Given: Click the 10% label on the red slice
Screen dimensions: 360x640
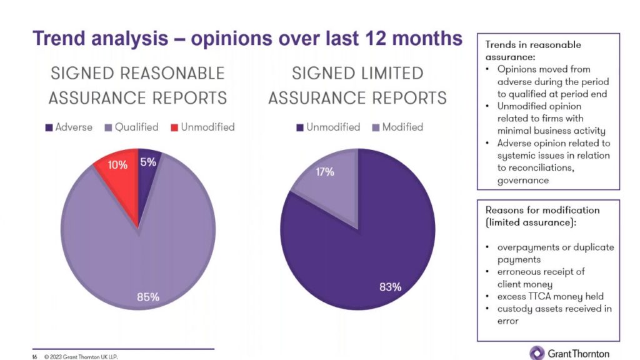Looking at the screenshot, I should click(x=117, y=165).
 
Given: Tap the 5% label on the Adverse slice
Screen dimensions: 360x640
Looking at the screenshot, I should click(x=148, y=162).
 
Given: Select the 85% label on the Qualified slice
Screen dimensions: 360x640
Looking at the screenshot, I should click(x=148, y=297).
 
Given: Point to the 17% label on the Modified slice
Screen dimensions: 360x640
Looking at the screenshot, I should click(x=324, y=172).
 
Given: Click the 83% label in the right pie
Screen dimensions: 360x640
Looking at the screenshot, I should click(x=390, y=287).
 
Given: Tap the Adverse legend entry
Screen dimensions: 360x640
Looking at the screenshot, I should click(x=68, y=127).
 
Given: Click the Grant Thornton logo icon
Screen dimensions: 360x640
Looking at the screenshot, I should click(x=537, y=352).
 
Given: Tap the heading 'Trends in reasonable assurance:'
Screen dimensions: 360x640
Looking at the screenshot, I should click(x=532, y=51).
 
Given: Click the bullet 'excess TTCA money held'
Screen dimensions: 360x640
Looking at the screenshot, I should click(x=550, y=296).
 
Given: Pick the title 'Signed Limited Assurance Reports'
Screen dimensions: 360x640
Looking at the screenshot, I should click(x=357, y=85).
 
